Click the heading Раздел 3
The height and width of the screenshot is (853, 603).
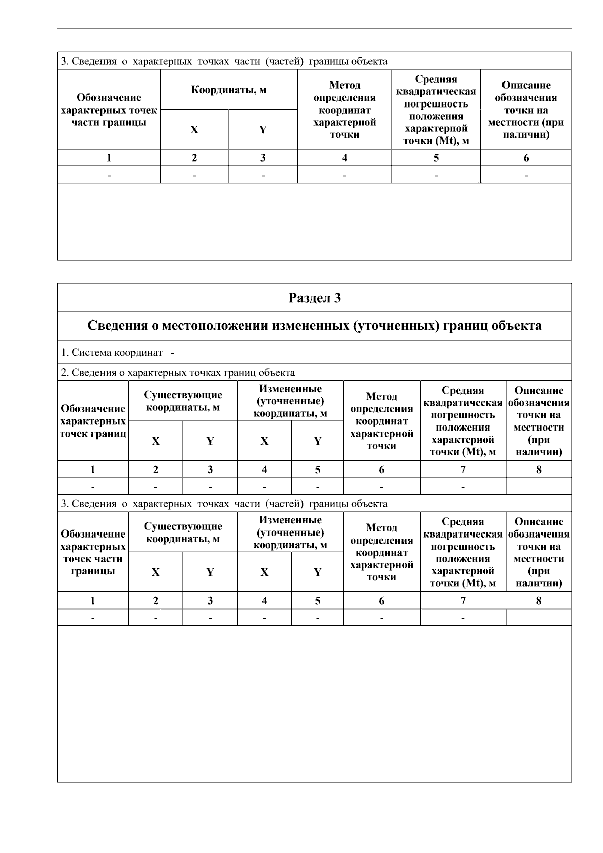tap(314, 298)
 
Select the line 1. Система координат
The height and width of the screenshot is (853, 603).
tap(112, 353)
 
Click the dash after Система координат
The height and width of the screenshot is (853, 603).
tap(172, 353)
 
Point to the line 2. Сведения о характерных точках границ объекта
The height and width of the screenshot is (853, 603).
tap(178, 373)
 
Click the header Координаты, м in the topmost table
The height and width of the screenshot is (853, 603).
tap(229, 90)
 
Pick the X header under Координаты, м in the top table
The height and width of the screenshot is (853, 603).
tap(194, 130)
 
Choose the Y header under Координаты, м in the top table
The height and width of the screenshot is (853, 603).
tap(263, 130)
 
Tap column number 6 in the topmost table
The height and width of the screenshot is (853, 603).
tap(526, 158)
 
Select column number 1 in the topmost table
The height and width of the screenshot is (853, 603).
tap(109, 158)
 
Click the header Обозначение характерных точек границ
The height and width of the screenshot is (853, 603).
tap(93, 421)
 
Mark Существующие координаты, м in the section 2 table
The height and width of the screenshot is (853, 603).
tap(183, 402)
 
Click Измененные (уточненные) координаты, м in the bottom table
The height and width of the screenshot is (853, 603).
tap(290, 533)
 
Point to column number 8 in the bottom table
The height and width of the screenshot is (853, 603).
tap(539, 601)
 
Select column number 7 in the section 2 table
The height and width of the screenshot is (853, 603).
tap(462, 470)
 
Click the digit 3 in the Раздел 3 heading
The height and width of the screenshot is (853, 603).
tap(337, 298)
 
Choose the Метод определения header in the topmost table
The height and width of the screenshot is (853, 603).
tap(344, 110)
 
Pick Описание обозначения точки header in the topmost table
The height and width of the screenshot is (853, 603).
tap(526, 110)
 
